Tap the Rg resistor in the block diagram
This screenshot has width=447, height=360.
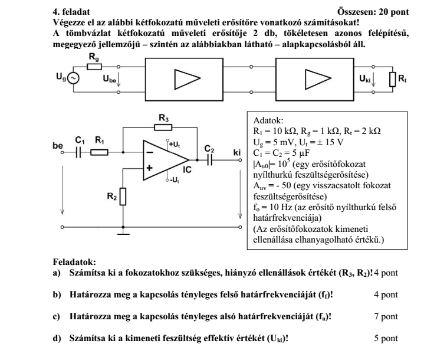pos(94,67)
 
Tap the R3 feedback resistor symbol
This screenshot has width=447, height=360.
pos(163,127)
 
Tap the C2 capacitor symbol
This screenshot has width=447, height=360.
pos(209,159)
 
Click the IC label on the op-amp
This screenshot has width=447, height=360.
pos(187,170)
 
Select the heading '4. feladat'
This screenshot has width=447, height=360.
pos(73,12)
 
